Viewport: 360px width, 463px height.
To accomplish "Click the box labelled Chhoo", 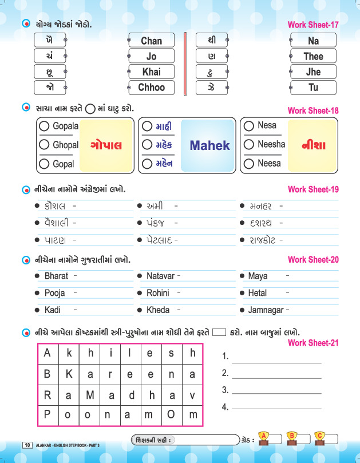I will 151,88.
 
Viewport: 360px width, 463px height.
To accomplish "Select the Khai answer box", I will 151,72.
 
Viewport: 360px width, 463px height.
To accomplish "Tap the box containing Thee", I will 313,57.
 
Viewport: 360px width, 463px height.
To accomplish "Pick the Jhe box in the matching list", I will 313,72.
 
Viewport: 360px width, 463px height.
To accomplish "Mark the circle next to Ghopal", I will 44,145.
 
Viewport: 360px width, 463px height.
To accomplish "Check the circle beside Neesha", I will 249,145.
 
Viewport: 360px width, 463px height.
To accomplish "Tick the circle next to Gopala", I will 44,126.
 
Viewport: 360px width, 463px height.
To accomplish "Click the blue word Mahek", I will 209,145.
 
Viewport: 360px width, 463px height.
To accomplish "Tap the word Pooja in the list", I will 55,293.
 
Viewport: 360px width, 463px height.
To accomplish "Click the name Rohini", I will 158,293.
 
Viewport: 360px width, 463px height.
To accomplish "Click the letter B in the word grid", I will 47,374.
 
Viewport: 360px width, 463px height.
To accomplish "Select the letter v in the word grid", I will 192,394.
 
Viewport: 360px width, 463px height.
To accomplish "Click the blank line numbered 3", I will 276,391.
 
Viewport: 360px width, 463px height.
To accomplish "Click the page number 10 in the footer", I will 27,445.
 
